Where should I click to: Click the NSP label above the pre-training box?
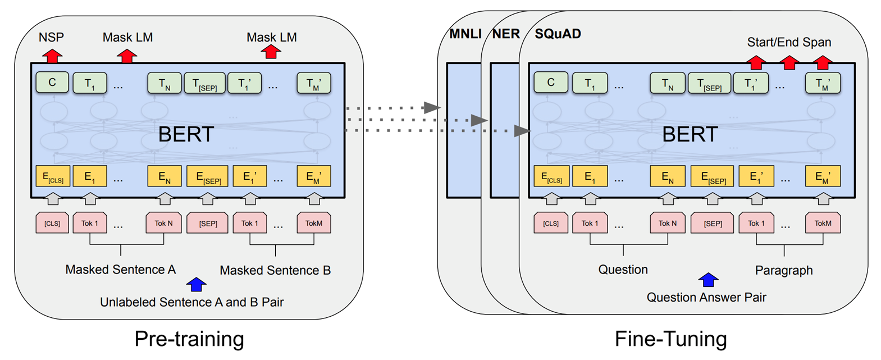51,38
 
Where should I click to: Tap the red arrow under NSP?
52,56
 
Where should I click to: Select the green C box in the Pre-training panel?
52,83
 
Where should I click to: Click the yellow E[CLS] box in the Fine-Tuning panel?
551,177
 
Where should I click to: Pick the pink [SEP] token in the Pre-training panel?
207,224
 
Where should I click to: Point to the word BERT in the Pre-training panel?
186,135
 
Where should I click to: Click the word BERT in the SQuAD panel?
690,135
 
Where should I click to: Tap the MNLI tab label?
465,34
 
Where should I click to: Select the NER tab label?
506,34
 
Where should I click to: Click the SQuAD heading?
558,34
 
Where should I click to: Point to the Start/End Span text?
789,43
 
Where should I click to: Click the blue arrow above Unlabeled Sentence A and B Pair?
196,284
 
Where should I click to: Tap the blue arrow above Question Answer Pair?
708,279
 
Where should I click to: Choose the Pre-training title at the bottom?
189,339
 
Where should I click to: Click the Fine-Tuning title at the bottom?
670,339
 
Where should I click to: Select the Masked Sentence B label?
275,271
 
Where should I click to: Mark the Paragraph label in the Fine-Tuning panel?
783,271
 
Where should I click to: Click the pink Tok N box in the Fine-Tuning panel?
667,224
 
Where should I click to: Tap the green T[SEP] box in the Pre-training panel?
204,83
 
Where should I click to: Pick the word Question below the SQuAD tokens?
623,270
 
